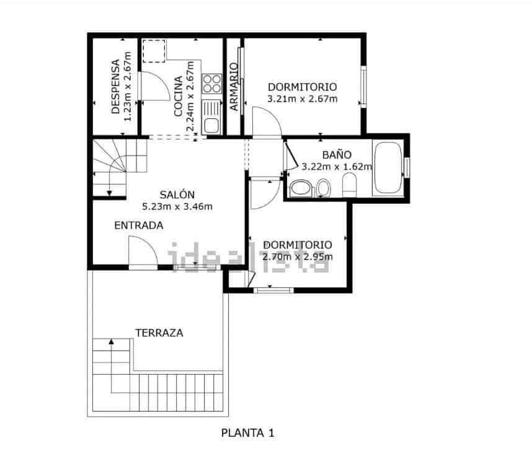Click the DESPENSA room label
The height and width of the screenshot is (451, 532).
tap(115, 87)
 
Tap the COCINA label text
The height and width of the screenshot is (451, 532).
tap(178, 96)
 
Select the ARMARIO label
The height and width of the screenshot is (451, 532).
tap(234, 87)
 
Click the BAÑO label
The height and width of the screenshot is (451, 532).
tap(337, 155)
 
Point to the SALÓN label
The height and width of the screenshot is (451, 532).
tap(177, 194)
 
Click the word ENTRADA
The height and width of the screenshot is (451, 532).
tap(138, 225)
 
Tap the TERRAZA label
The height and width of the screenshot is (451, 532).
tap(159, 333)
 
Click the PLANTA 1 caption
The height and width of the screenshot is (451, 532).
tap(247, 433)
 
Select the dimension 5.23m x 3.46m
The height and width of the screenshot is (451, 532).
tap(177, 206)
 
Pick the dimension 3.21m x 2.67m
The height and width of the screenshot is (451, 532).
tap(302, 99)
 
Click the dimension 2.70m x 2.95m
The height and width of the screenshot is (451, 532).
tap(297, 256)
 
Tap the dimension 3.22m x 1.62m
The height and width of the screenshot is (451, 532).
tap(337, 166)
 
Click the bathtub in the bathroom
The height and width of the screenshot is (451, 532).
tap(388, 168)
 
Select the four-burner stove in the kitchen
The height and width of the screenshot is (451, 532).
tap(212, 84)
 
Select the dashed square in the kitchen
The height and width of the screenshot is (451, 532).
tap(154, 51)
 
